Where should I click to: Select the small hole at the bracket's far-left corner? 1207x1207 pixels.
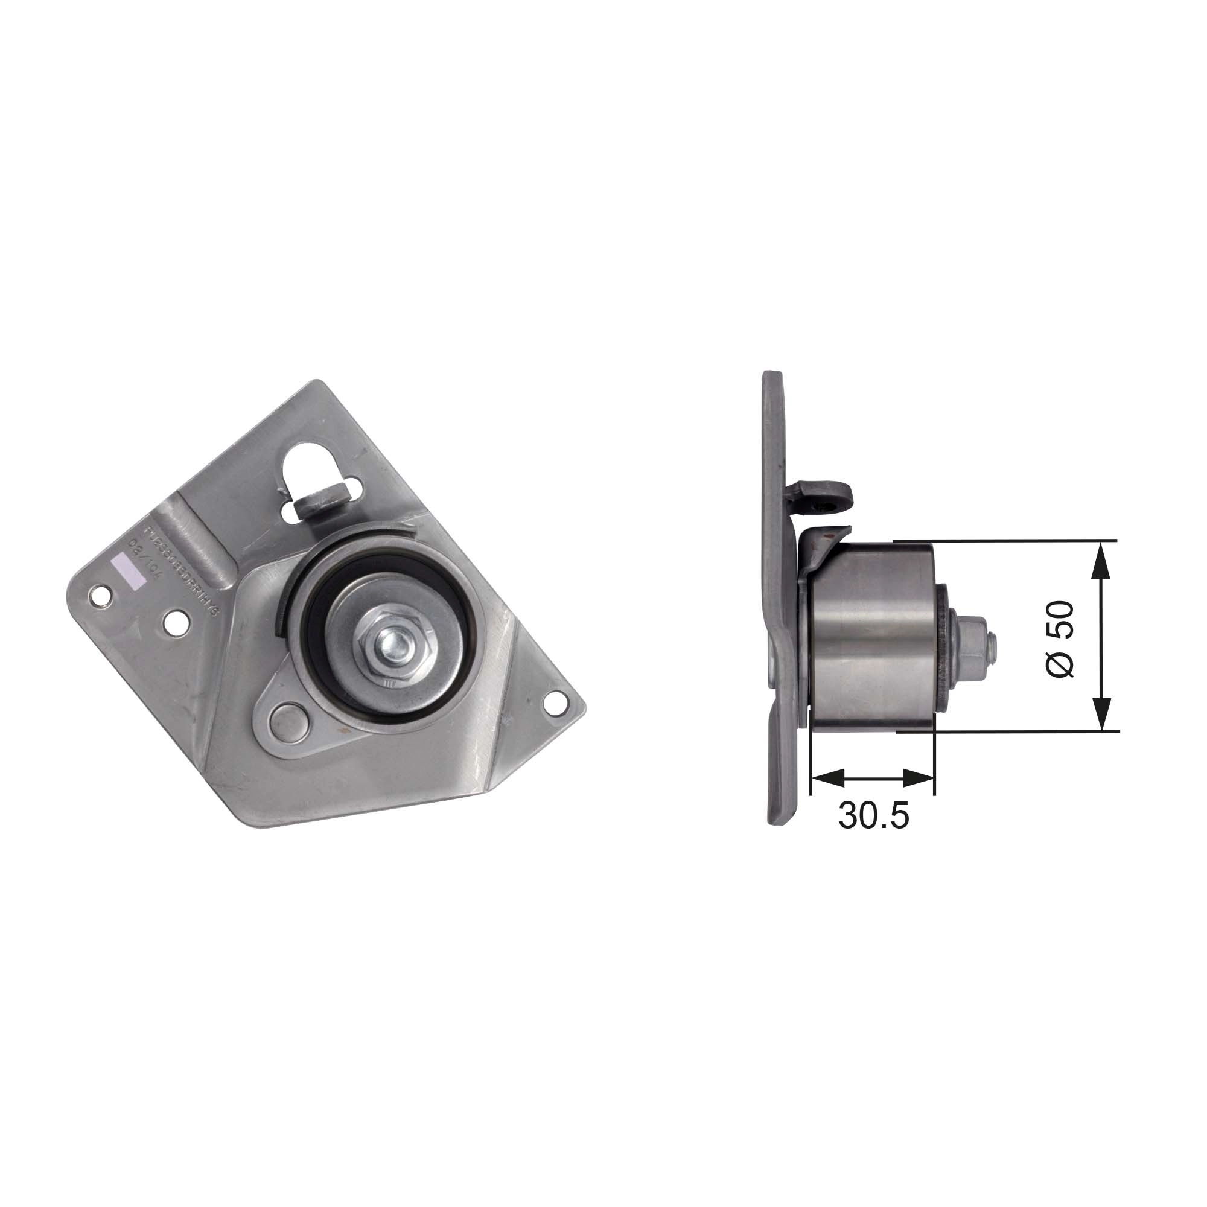98,595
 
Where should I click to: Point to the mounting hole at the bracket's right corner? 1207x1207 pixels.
552,703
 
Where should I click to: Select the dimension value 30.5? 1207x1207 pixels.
873,816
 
